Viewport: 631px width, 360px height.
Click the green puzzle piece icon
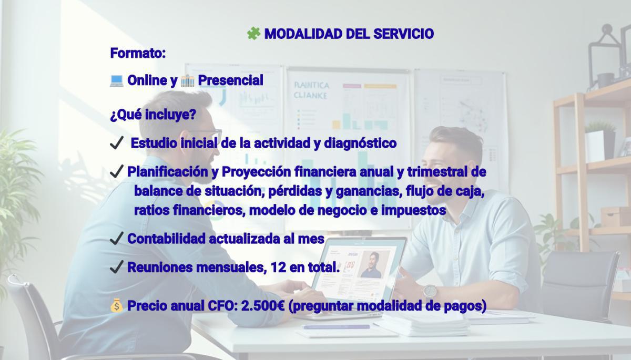tap(253, 34)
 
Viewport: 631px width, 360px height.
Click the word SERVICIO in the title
tap(403, 34)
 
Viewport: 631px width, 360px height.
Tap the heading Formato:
tap(138, 53)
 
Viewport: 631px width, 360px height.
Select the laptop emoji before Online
tap(116, 80)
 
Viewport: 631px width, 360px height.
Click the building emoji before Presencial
tap(187, 80)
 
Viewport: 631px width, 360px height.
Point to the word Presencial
tap(231, 80)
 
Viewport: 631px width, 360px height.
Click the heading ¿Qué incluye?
tap(153, 115)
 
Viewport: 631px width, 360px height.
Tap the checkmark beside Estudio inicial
tap(117, 142)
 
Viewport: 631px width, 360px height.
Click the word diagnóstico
tap(360, 143)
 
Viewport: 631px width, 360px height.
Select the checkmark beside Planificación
tap(117, 171)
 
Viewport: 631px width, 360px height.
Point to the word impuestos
tap(413, 211)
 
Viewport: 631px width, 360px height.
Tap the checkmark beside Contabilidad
tap(117, 238)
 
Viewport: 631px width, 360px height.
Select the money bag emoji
tap(116, 306)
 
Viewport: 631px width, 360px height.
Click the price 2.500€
tap(263, 306)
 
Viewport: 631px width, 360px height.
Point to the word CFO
tap(220, 306)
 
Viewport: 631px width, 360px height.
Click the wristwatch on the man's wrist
tap(430, 291)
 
